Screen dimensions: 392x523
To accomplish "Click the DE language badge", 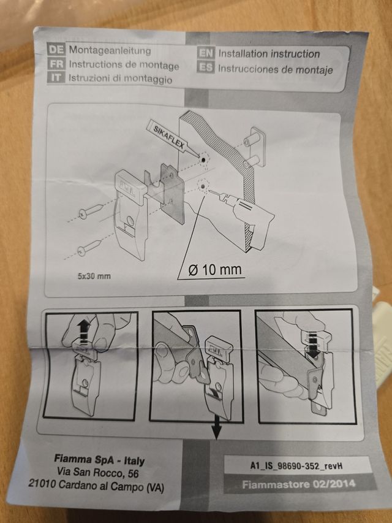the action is pyautogui.click(x=56, y=49).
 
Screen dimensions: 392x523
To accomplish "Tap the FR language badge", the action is pyautogui.click(x=56, y=63).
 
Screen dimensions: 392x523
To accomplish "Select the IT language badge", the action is pyautogui.click(x=56, y=77).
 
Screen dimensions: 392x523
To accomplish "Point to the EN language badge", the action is pyautogui.click(x=206, y=53).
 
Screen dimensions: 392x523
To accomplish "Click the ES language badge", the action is pyautogui.click(x=206, y=67).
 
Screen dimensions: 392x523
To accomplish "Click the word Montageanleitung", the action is pyautogui.click(x=110, y=50).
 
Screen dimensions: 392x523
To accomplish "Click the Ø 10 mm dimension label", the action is pyautogui.click(x=214, y=270).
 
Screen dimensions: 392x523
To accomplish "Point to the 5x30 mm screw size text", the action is pyautogui.click(x=94, y=276).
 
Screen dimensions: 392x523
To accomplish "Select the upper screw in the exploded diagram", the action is pyautogui.click(x=90, y=212).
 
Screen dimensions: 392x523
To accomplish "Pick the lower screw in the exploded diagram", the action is pyautogui.click(x=89, y=246).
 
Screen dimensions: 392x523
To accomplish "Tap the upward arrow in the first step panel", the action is pyautogui.click(x=85, y=332).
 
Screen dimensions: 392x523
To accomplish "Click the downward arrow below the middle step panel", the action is pyautogui.click(x=216, y=428).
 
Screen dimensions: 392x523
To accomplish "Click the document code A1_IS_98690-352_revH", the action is pyautogui.click(x=296, y=466).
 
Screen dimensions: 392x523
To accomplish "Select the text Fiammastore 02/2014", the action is pyautogui.click(x=299, y=484).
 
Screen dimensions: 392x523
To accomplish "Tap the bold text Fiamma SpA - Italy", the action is pyautogui.click(x=99, y=460).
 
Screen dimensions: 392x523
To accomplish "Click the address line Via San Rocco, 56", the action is pyautogui.click(x=97, y=473).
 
